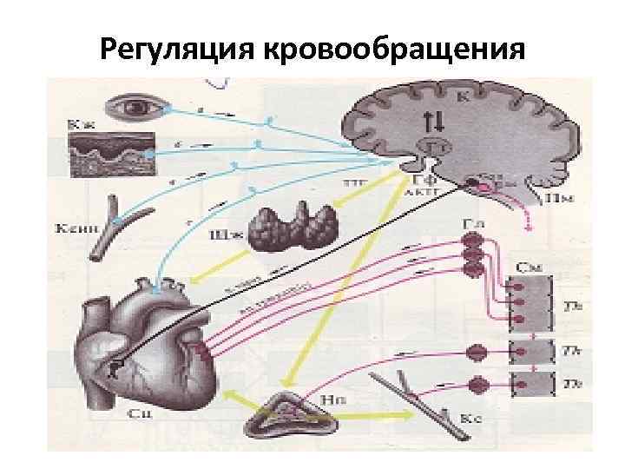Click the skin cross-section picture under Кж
click(x=111, y=155)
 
